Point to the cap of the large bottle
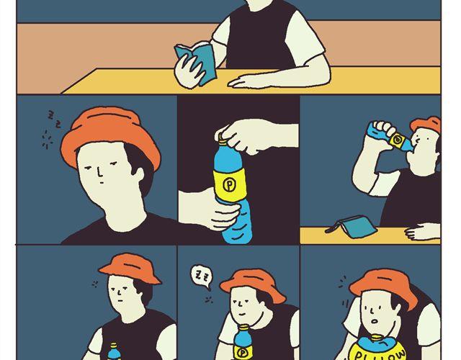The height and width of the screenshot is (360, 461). [223, 141]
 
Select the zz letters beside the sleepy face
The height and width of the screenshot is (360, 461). [55, 120]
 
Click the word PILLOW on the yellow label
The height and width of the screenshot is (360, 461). [380, 354]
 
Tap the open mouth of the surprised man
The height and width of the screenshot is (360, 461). [374, 321]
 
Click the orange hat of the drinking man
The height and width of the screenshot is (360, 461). [426, 123]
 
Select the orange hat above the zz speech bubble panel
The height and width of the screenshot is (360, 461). [253, 284]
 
